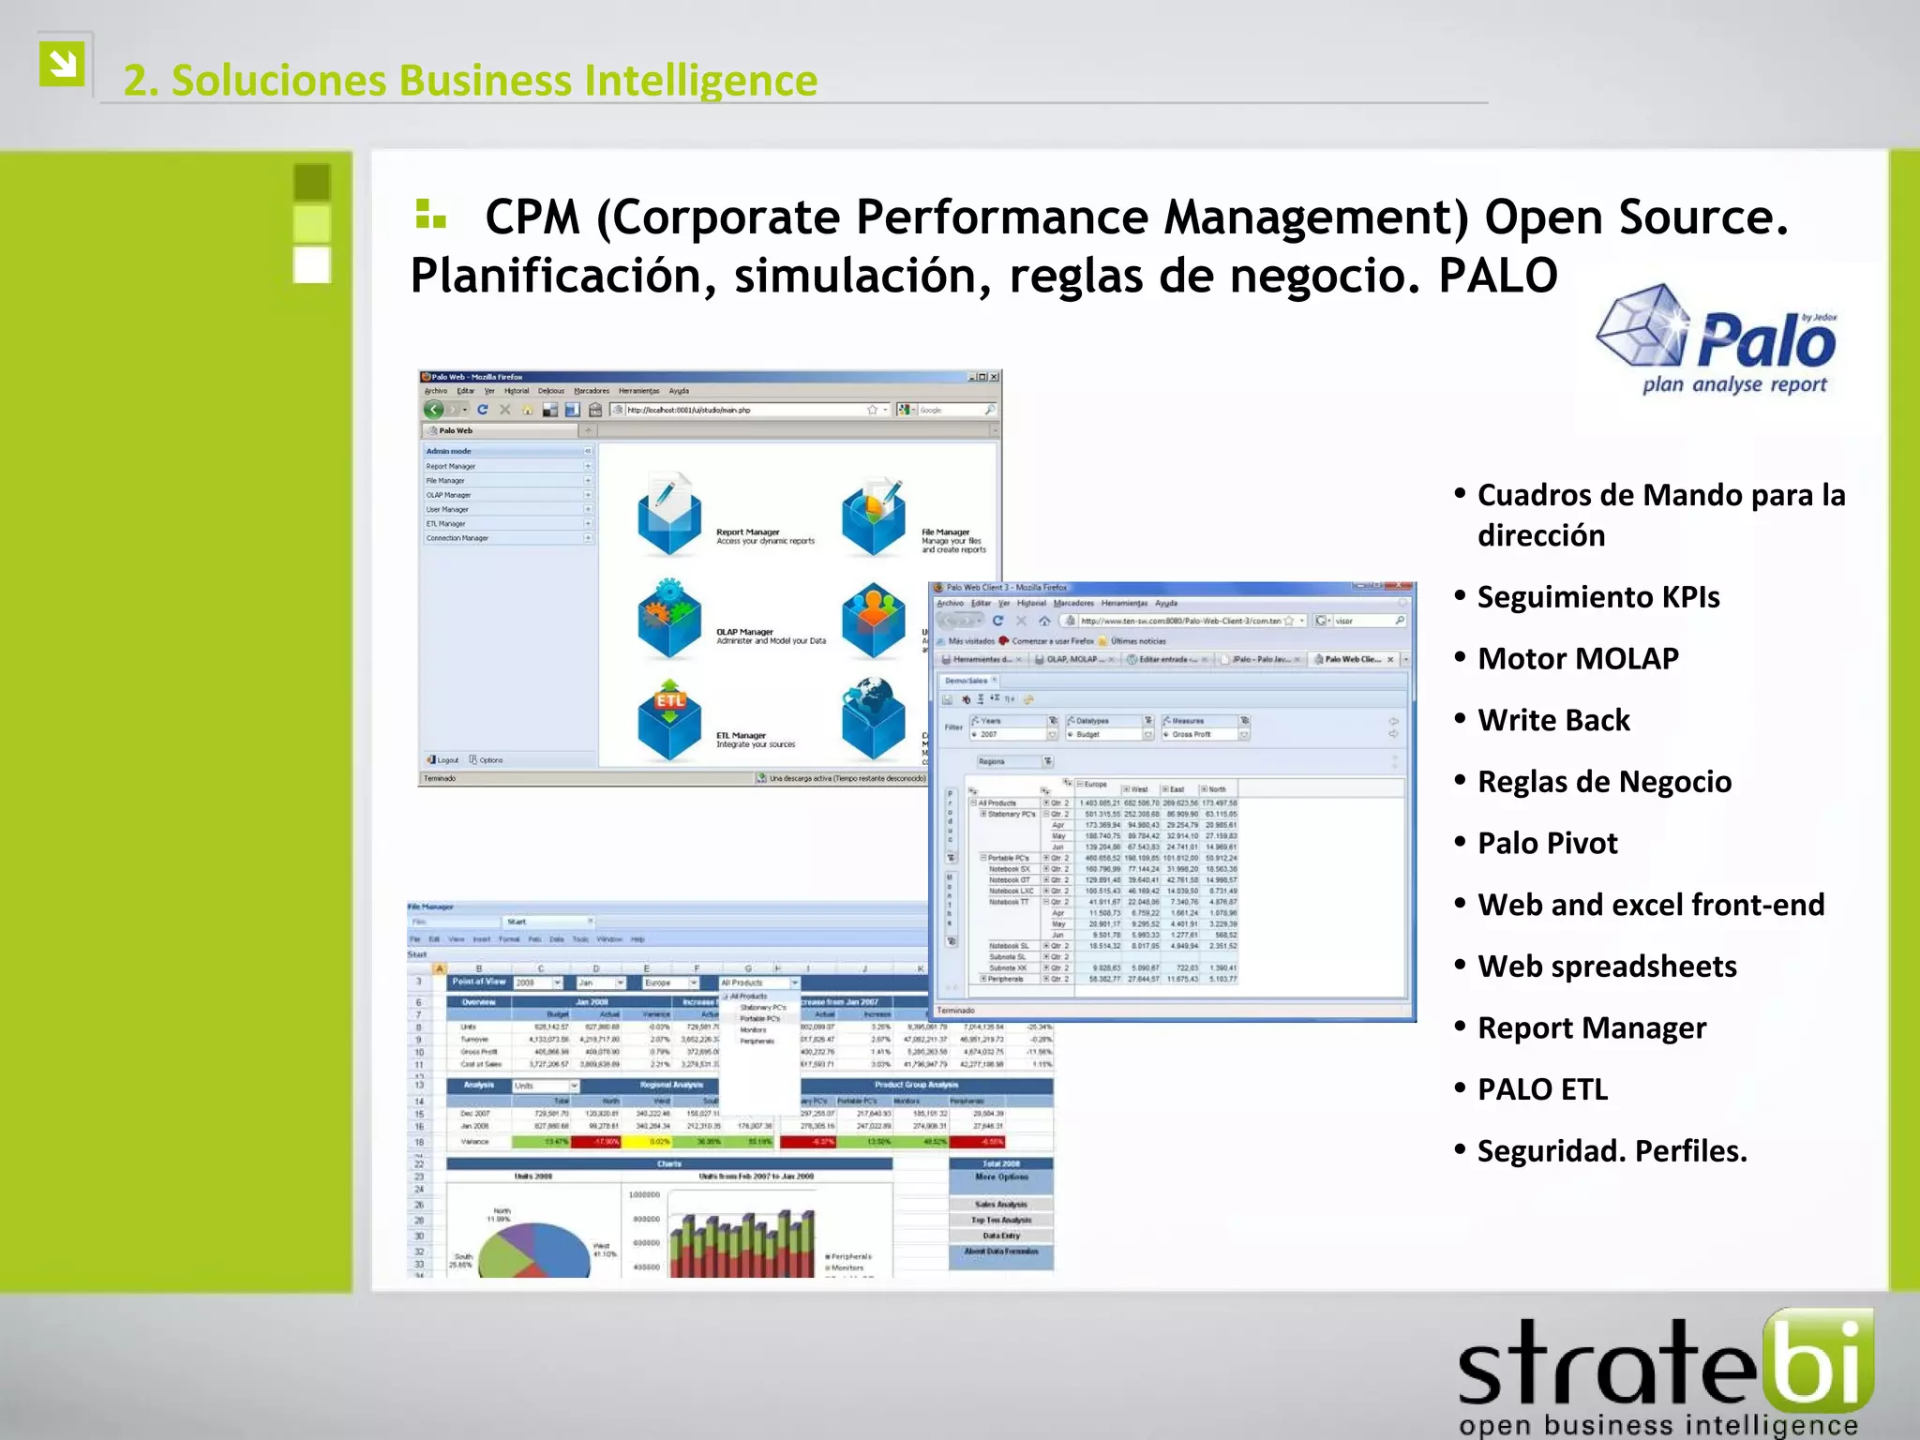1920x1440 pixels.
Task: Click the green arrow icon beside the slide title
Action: [x=63, y=64]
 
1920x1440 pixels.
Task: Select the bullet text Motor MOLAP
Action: [x=1578, y=658]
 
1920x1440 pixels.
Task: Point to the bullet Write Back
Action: [x=1553, y=720]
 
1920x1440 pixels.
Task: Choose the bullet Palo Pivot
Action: [x=1548, y=843]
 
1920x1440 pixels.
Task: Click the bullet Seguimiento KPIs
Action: [x=1598, y=596]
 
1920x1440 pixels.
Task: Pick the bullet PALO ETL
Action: [x=1542, y=1089]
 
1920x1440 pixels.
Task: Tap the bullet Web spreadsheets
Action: [x=1607, y=966]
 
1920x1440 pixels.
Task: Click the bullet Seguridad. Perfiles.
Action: [x=1612, y=1150]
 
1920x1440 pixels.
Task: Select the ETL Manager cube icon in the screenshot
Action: [x=669, y=720]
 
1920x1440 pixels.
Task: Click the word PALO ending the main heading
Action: [x=1497, y=276]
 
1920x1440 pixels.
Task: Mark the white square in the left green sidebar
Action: [x=312, y=264]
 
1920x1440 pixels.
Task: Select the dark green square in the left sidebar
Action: [x=312, y=182]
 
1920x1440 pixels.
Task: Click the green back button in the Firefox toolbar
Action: [x=433, y=410]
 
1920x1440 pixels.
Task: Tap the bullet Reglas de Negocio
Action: [x=1604, y=781]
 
